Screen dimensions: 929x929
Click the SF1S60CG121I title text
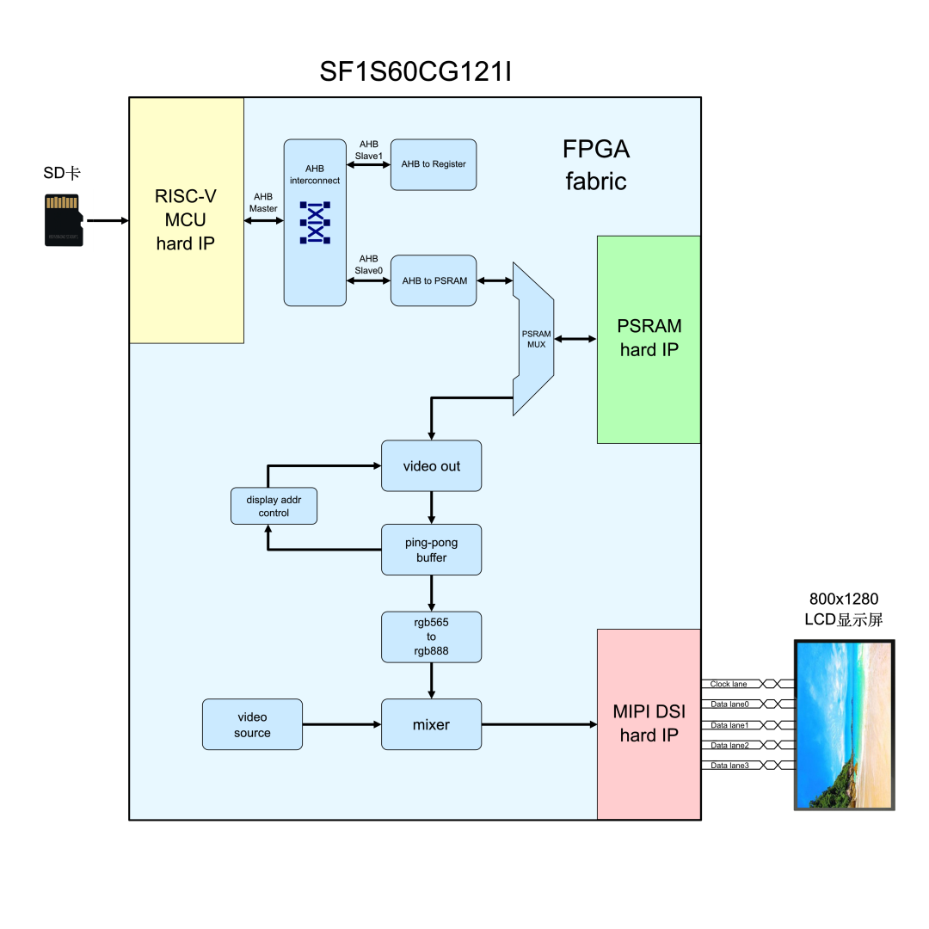click(x=415, y=72)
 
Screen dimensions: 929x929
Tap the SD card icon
click(x=64, y=221)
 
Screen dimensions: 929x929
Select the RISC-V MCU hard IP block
click(x=186, y=220)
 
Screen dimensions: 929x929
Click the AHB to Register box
click(x=434, y=164)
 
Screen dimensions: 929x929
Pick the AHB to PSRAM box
click(x=434, y=280)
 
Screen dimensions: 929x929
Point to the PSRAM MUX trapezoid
click(x=533, y=339)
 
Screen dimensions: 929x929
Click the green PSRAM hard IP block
click(x=649, y=339)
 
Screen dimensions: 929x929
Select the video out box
click(x=431, y=466)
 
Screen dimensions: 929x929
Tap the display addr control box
click(x=274, y=506)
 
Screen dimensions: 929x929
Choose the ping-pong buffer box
click(x=431, y=551)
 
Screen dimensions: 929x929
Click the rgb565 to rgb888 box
click(x=431, y=637)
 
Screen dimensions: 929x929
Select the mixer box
click(x=431, y=724)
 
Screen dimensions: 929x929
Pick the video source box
click(x=252, y=724)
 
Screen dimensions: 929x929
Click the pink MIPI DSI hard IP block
click(x=649, y=724)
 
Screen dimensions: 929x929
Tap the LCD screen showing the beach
click(x=843, y=724)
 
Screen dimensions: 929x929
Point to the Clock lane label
click(x=729, y=685)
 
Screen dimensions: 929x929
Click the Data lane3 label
click(x=729, y=766)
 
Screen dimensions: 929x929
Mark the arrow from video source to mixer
click(x=341, y=724)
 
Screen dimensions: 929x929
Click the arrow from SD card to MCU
click(x=107, y=221)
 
